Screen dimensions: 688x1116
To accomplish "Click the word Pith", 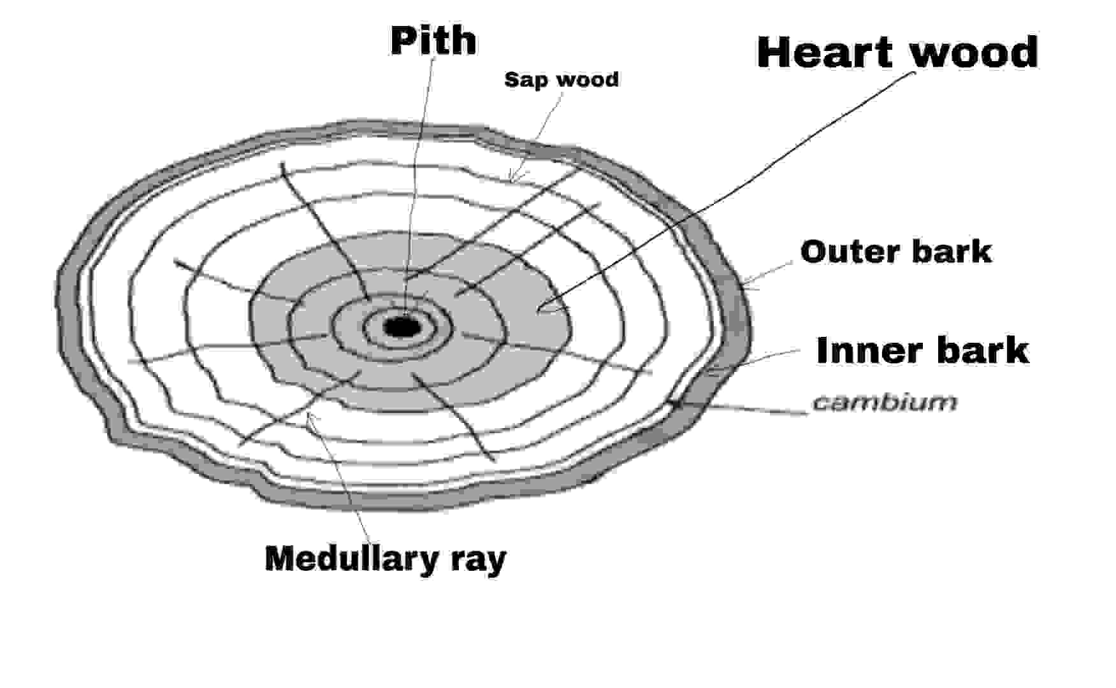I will click(x=433, y=41).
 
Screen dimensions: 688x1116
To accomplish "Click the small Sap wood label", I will click(x=561, y=80).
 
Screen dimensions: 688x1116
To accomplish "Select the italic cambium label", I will click(x=885, y=402).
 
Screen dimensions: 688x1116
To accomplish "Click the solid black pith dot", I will click(x=402, y=327).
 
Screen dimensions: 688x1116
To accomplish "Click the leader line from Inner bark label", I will click(x=765, y=357).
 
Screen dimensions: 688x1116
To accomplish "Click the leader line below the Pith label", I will click(x=421, y=159).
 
